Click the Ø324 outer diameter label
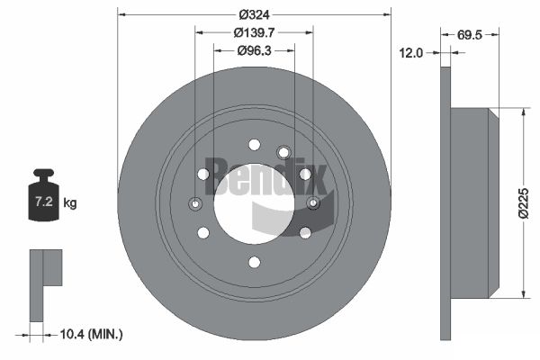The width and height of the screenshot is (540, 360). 255,14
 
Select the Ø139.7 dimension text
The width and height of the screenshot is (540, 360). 254,32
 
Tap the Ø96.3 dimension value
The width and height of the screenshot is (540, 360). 254,51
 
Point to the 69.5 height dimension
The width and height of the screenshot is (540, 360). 470,35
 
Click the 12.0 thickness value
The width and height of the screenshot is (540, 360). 411,53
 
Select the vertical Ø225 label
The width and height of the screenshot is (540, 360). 524,202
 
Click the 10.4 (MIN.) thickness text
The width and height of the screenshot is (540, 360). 91,334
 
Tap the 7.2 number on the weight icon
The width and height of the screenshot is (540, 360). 44,202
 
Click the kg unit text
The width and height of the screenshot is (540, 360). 70,202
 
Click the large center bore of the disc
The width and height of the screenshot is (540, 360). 254,203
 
